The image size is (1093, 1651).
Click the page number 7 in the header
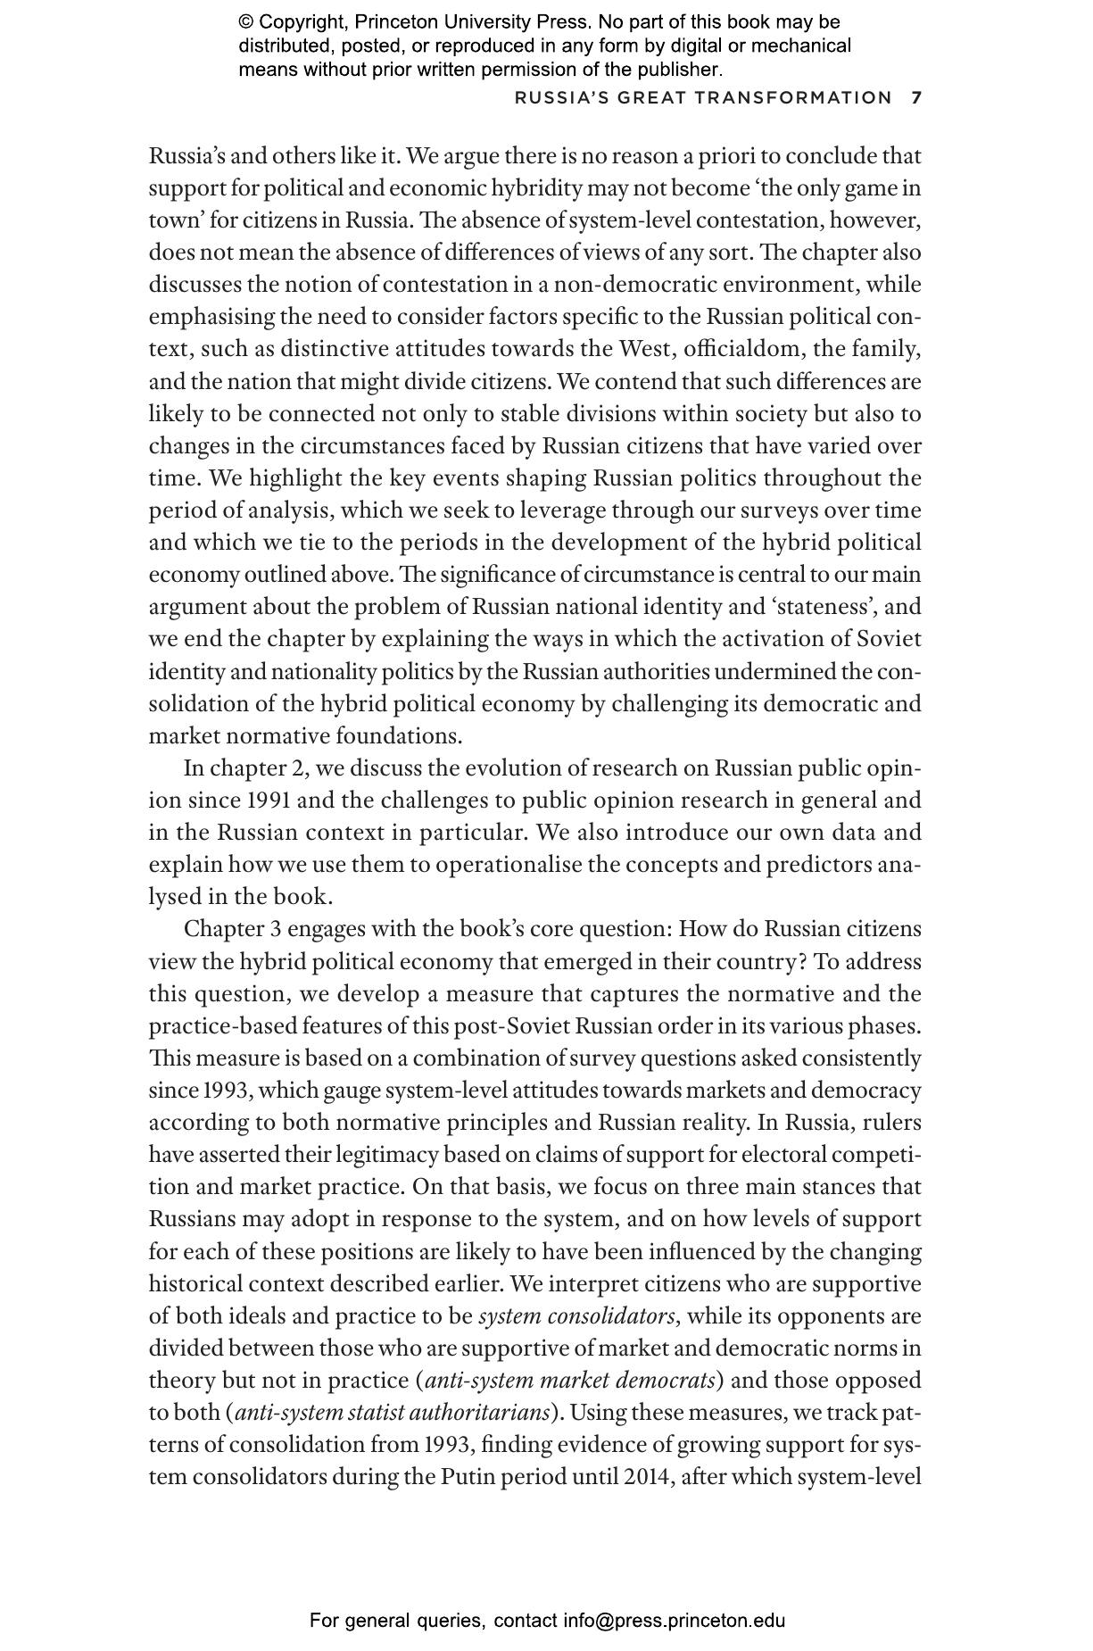click(x=916, y=98)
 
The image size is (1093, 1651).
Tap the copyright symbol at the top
click(x=246, y=22)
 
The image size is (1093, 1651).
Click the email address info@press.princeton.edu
click(x=674, y=1621)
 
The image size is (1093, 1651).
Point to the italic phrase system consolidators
click(x=576, y=1316)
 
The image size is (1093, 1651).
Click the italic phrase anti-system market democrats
click(x=570, y=1381)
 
